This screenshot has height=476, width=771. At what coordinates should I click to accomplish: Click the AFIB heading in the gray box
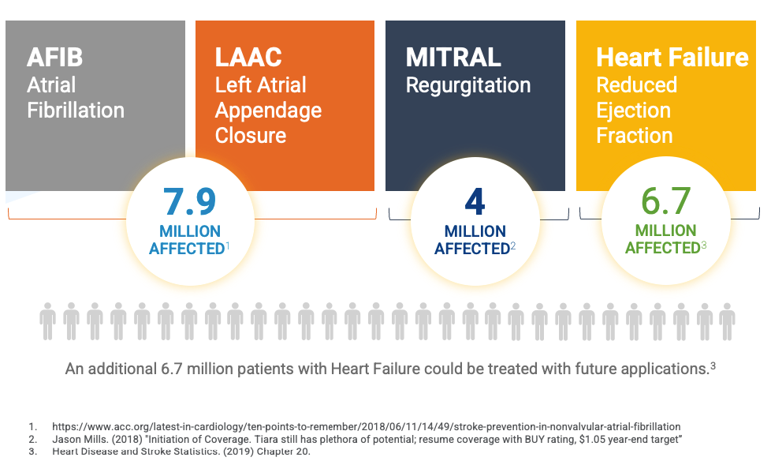[x=54, y=57]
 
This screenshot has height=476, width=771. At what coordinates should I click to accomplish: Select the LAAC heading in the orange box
[x=248, y=57]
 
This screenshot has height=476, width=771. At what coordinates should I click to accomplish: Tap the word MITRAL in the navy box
[x=453, y=57]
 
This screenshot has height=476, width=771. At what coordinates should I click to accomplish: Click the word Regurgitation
[x=468, y=86]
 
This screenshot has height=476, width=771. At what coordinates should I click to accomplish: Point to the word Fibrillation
[x=76, y=111]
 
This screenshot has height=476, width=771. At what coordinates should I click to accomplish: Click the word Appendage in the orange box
[x=269, y=111]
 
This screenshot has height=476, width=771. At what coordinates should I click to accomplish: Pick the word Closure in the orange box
[x=251, y=135]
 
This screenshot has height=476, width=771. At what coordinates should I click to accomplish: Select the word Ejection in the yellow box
[x=633, y=111]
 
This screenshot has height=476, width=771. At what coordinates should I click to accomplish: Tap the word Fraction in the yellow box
[x=635, y=135]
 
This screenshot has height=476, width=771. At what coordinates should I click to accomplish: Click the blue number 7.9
[x=190, y=202]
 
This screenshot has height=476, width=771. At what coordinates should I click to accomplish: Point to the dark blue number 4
[x=475, y=202]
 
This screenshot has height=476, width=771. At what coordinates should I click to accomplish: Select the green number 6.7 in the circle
[x=666, y=201]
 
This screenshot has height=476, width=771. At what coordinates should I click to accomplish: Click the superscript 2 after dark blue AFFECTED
[x=513, y=245]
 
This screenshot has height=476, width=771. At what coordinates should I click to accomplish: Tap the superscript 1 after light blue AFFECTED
[x=228, y=245]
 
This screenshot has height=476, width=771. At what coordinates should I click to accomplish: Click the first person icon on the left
[x=48, y=321]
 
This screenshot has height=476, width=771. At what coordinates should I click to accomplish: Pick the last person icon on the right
[x=727, y=321]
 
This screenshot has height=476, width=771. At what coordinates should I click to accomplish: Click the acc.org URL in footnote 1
[x=367, y=427]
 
